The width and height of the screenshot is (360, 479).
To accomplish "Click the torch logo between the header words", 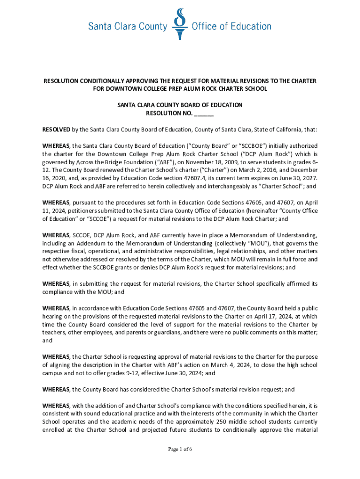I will (x=180, y=23).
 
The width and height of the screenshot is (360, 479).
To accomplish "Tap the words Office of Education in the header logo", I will (x=231, y=27).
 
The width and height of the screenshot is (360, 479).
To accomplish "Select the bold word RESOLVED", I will (x=57, y=130).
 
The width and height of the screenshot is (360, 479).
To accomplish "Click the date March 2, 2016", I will (x=257, y=170).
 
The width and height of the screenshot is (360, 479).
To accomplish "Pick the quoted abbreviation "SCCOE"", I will (x=91, y=218).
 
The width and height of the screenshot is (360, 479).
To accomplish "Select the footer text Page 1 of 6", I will (x=180, y=450).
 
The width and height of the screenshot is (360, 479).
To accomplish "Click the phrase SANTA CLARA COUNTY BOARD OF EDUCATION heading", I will (x=180, y=105).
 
